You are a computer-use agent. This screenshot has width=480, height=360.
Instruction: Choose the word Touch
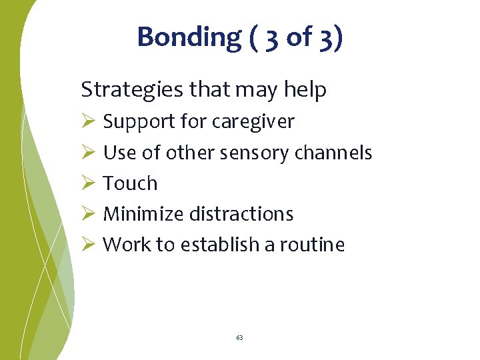(x=130, y=183)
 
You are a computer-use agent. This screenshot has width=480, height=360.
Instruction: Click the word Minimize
(x=143, y=214)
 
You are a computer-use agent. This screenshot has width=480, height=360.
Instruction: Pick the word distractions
(x=241, y=214)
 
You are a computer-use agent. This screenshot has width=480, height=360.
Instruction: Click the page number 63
(x=239, y=338)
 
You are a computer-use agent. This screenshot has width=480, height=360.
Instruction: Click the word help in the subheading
(x=305, y=89)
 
